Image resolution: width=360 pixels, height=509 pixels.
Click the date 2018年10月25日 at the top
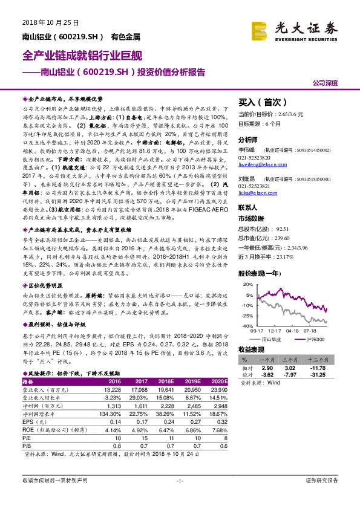51,22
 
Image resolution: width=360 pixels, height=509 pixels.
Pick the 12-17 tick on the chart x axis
273,331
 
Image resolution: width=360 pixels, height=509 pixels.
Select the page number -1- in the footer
180,481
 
